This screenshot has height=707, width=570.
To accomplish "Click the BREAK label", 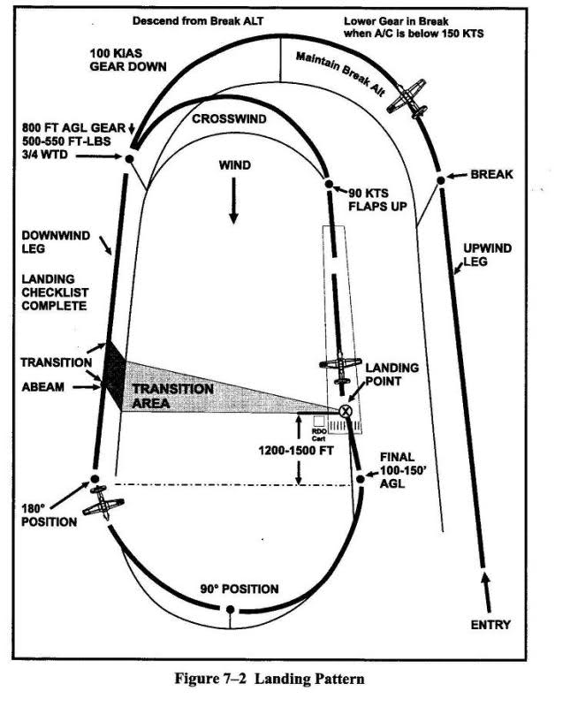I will click(x=491, y=175).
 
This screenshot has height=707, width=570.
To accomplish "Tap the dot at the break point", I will click(x=440, y=181).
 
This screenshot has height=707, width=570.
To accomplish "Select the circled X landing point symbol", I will click(x=345, y=410).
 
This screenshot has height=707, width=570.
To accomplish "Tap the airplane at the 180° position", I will click(x=103, y=503).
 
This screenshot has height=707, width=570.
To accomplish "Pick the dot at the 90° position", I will click(x=230, y=609).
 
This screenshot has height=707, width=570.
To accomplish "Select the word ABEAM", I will click(x=44, y=385).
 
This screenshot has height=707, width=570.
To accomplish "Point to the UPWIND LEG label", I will click(x=487, y=255).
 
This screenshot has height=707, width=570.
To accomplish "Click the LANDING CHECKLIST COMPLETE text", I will click(x=55, y=293).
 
